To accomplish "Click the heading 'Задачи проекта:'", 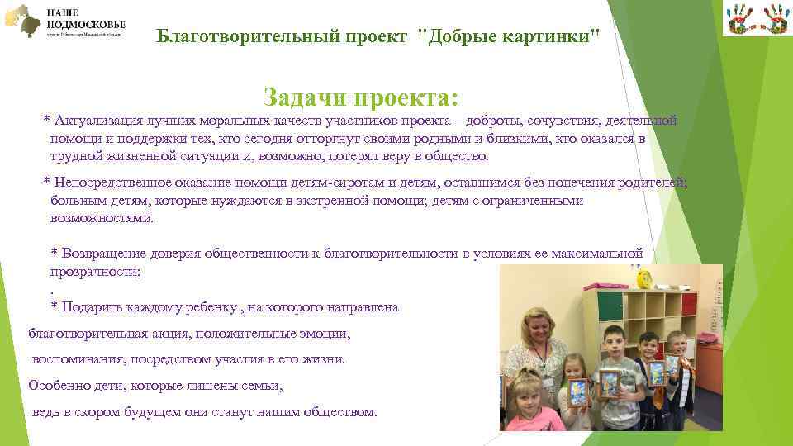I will (x=360, y=98).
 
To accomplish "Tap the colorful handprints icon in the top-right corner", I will (x=755, y=19).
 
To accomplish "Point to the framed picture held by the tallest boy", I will (x=657, y=372).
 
